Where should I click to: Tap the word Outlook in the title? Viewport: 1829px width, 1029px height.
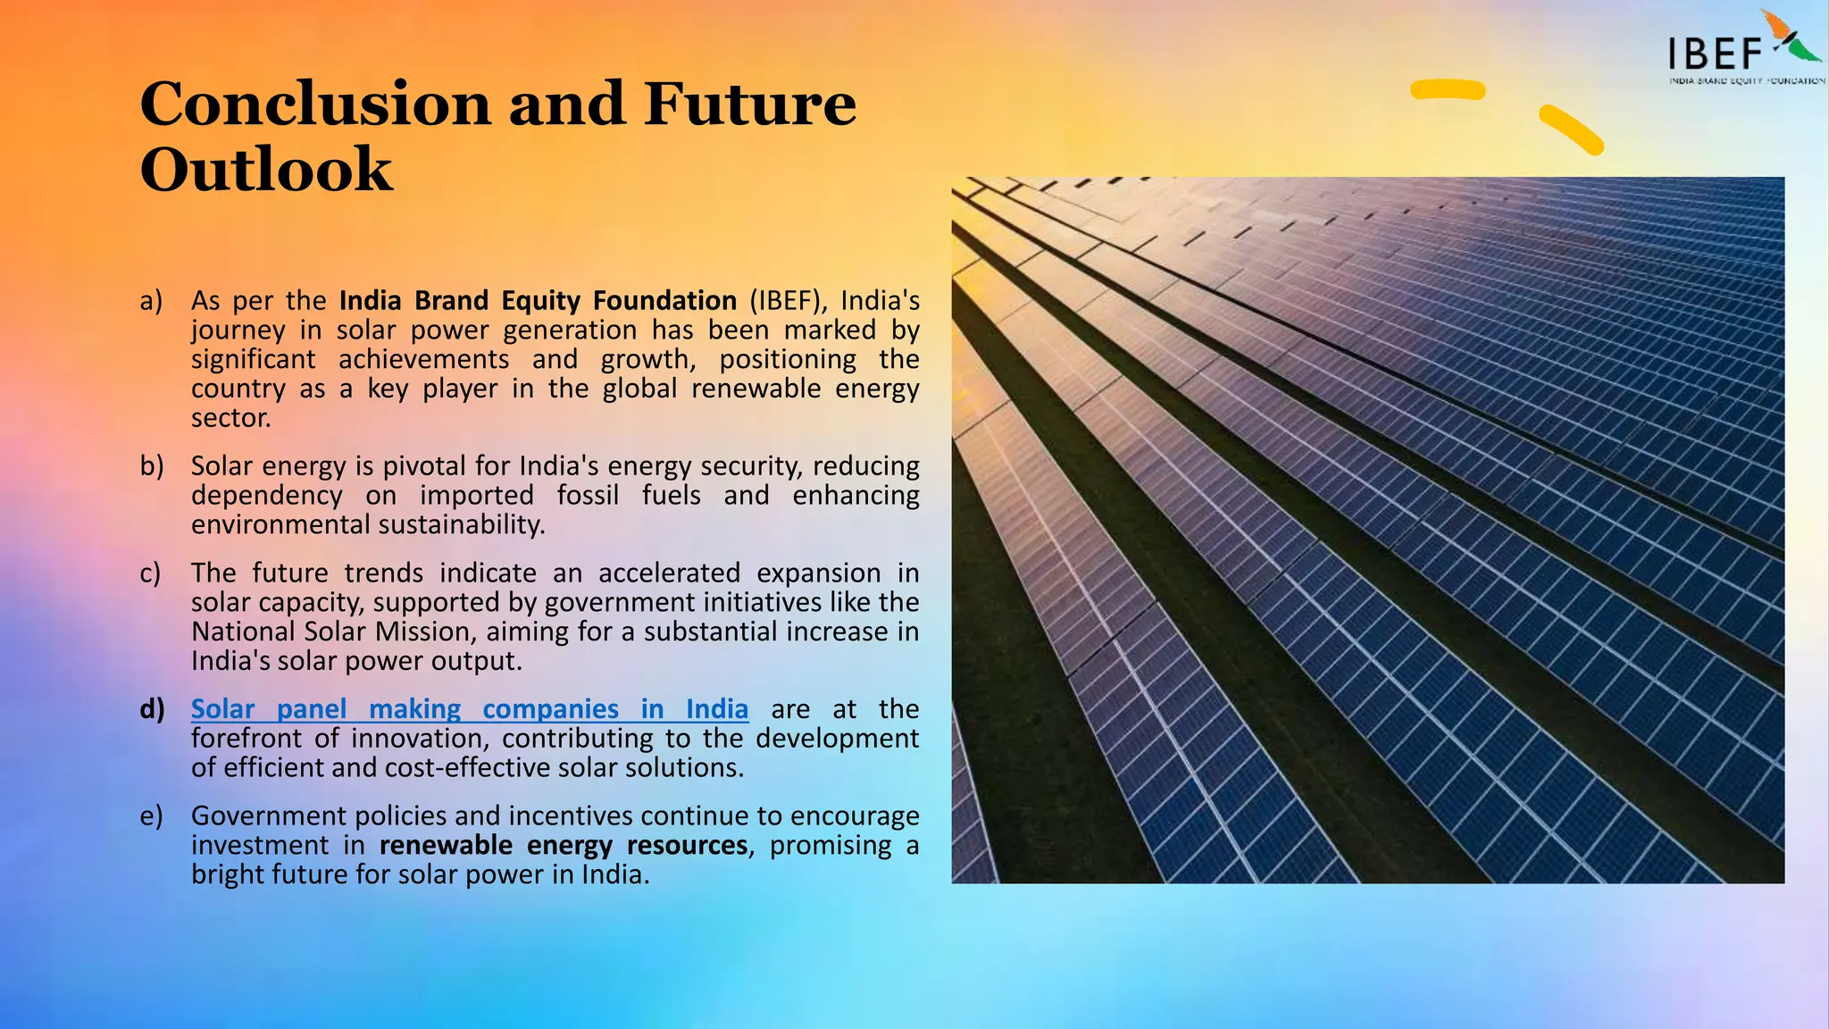click(266, 170)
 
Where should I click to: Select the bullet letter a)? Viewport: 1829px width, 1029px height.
click(151, 301)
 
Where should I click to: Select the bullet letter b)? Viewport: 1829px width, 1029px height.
click(152, 466)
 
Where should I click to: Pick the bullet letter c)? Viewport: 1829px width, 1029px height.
click(150, 573)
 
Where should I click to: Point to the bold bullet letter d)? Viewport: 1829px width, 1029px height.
click(152, 709)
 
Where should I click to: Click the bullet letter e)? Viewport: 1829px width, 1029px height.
click(151, 816)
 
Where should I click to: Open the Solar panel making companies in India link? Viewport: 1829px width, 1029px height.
click(469, 709)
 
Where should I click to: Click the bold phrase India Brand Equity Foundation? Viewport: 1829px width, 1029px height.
click(538, 301)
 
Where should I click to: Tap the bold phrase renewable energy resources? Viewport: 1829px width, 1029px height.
click(563, 846)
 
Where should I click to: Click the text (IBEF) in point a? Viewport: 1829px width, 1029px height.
click(789, 301)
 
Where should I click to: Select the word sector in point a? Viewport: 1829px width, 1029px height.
click(230, 418)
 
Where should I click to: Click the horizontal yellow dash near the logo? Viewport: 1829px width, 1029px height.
click(1448, 89)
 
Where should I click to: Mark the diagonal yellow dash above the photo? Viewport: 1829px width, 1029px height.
click(1571, 130)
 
